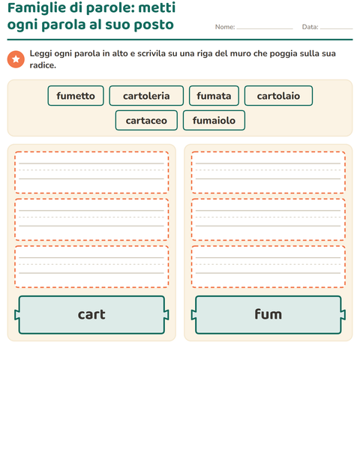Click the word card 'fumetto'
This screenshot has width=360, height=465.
[x=76, y=96]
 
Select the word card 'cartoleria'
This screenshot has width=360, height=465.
[x=146, y=96]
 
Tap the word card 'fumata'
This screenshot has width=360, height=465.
[x=214, y=96]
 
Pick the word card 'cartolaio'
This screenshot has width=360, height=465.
[x=278, y=96]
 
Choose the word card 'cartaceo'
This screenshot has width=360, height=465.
[x=146, y=121]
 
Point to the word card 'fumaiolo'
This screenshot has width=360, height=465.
[x=214, y=121]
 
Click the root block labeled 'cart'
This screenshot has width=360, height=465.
[x=91, y=315]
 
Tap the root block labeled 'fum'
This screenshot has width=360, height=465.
[x=268, y=315]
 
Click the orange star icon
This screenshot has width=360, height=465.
[x=16, y=59]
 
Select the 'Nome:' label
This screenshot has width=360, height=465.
[x=225, y=27]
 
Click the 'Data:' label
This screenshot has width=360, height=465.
[x=310, y=27]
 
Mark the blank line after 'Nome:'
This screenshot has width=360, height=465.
[x=265, y=28]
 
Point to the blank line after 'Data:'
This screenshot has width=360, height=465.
[x=337, y=28]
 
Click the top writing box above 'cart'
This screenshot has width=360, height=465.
[x=91, y=172]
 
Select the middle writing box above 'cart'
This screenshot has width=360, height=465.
[x=91, y=220]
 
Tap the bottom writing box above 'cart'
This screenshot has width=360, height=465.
[x=91, y=266]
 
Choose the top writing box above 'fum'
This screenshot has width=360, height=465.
[x=268, y=172]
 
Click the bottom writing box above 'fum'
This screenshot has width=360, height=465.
[x=268, y=266]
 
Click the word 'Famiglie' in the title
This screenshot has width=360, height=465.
[x=37, y=8]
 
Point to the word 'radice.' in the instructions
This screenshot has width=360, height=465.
[x=43, y=65]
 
